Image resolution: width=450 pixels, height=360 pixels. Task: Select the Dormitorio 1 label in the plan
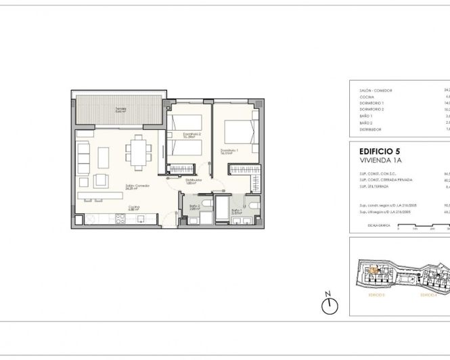231,151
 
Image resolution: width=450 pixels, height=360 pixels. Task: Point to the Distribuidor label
194,181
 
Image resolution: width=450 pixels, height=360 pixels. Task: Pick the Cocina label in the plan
135,209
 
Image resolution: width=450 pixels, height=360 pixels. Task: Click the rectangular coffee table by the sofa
104,158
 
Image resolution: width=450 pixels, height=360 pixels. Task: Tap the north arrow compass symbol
330,306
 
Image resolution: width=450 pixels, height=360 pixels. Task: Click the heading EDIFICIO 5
378,152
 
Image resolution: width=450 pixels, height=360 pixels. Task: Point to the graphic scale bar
423,228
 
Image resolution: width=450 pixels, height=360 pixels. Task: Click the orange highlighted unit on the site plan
372,271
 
